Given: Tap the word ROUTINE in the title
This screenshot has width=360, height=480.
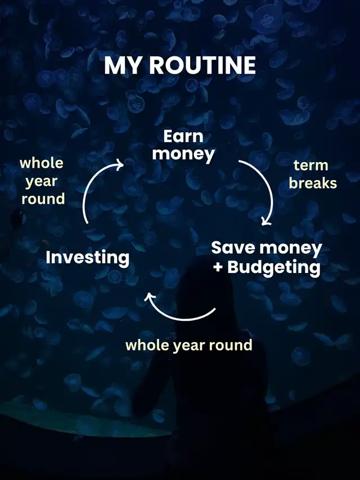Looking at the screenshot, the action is click(202, 65).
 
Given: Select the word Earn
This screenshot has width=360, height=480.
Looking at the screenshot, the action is click(183, 136).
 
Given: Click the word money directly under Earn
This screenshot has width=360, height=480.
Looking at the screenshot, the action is click(183, 154).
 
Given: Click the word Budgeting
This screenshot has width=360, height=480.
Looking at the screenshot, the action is click(274, 268).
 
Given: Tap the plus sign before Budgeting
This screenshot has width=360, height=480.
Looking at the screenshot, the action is click(218, 267).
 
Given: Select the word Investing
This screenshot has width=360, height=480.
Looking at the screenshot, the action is click(88, 258).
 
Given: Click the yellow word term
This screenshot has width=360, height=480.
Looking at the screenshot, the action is click(311, 165).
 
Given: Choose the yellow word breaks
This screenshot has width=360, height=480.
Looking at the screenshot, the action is click(313, 183).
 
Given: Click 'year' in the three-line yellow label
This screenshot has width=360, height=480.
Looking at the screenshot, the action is click(41, 182).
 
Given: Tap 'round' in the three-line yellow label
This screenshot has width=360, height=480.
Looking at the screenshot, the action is click(43, 199).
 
